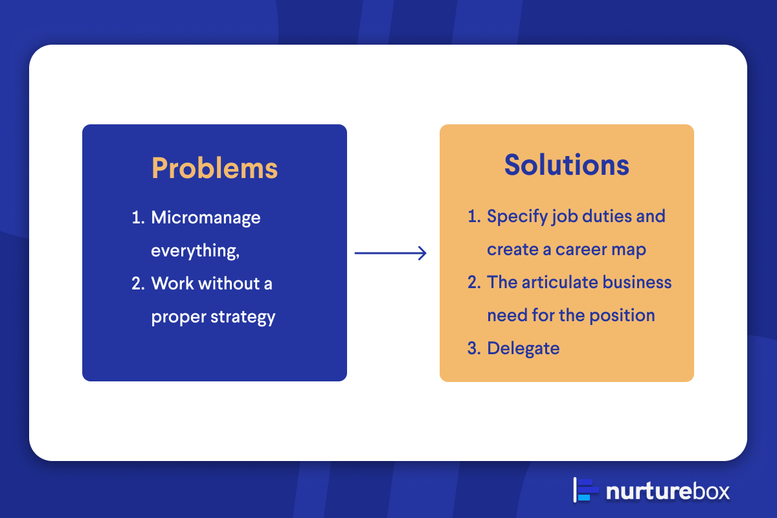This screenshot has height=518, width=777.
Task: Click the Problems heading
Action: [x=215, y=168]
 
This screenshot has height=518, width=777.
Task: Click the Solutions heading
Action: [x=567, y=165]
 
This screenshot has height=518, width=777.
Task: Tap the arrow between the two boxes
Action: [x=390, y=253]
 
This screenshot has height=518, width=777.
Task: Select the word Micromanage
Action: [x=206, y=218]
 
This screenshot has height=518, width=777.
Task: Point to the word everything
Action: [x=196, y=251]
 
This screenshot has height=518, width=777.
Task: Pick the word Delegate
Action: [x=523, y=349]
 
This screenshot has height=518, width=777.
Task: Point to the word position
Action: [x=622, y=316]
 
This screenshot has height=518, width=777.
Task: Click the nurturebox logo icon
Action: [x=585, y=490]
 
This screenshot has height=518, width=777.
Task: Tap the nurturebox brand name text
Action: [x=668, y=491]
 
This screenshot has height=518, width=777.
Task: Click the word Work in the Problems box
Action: [x=172, y=284]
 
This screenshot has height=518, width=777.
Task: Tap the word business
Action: [x=637, y=282]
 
